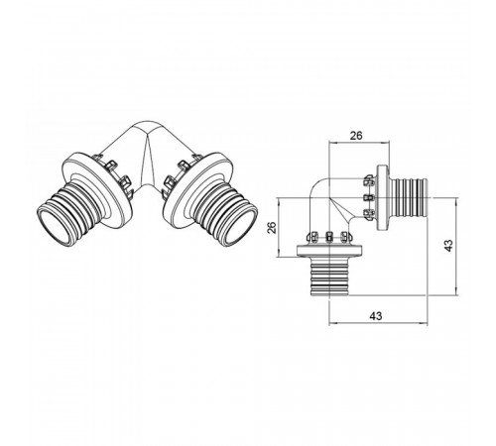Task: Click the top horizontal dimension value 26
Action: point(356,136)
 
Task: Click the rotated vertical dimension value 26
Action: point(272,228)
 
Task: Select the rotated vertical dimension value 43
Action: point(448,245)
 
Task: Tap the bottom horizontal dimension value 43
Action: point(375,316)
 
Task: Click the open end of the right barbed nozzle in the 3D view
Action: point(242,224)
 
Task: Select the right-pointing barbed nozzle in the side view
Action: point(410,197)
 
